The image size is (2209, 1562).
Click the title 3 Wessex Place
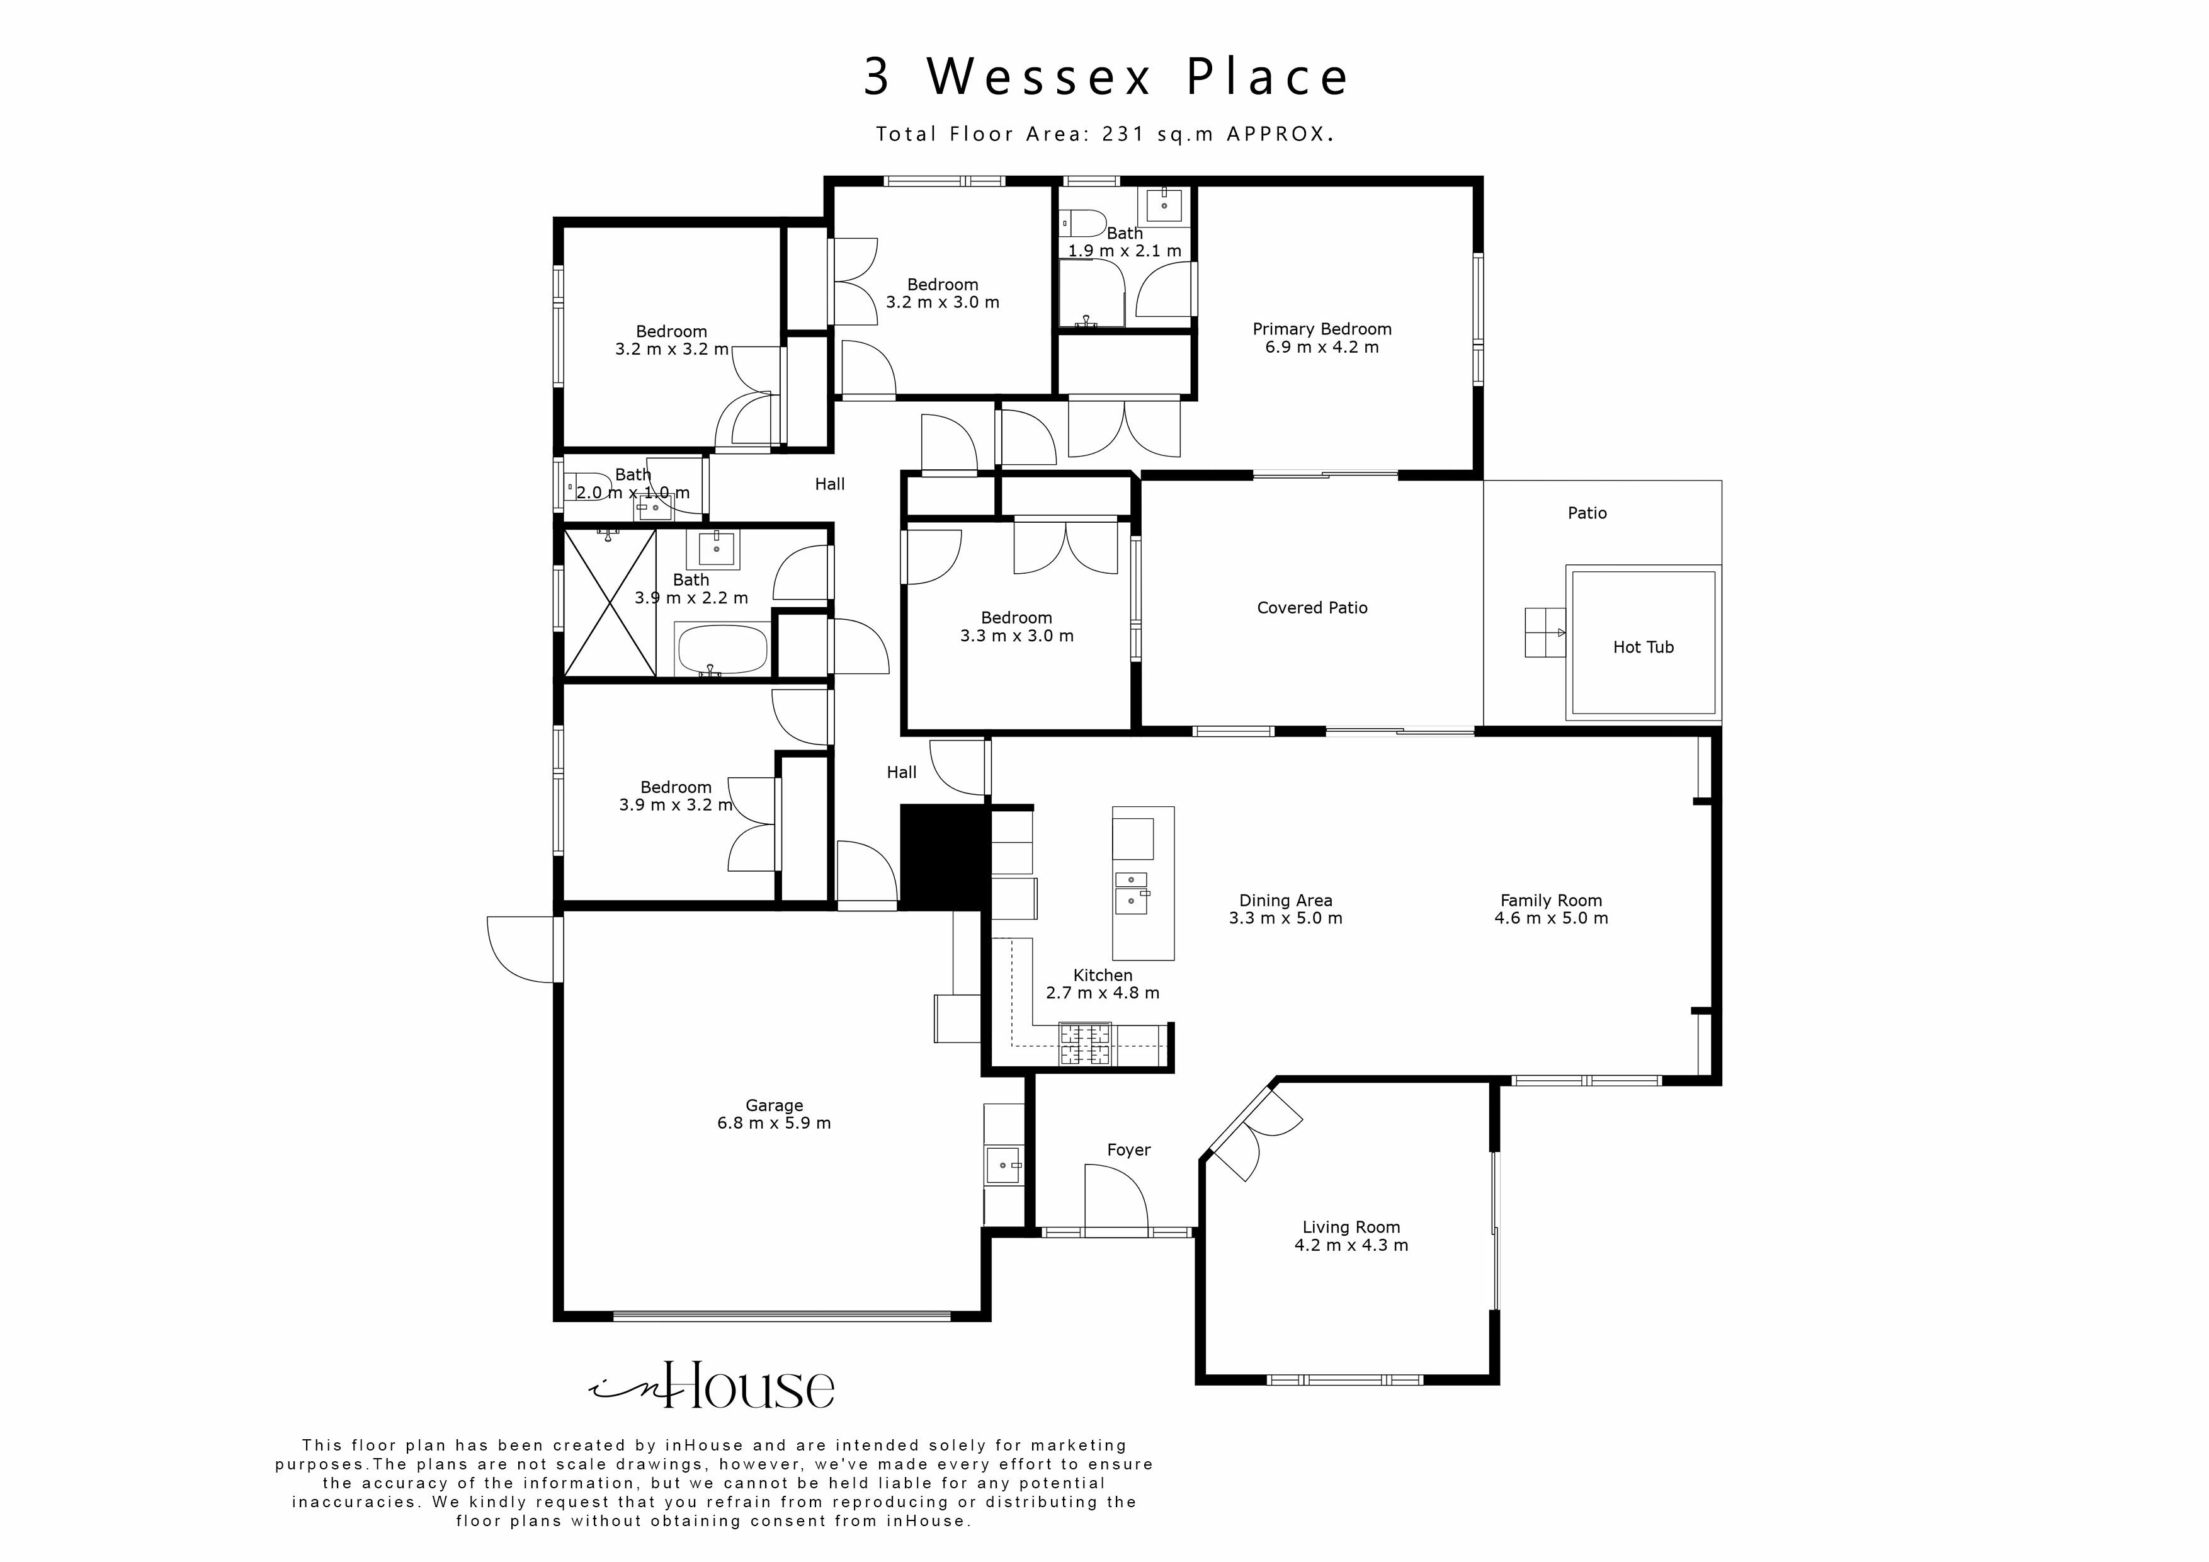point(1104,77)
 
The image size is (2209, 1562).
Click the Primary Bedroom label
point(1321,329)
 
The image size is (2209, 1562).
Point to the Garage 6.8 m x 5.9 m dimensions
point(773,1123)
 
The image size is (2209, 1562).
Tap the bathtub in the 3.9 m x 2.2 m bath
point(722,649)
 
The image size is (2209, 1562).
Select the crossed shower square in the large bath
point(609,603)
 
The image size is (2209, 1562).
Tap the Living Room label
point(1350,1227)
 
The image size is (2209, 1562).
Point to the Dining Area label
point(1285,901)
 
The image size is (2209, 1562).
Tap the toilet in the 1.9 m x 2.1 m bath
point(1081,224)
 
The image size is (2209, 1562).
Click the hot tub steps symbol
point(1544,632)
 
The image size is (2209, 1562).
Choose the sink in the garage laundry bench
point(1004,1165)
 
